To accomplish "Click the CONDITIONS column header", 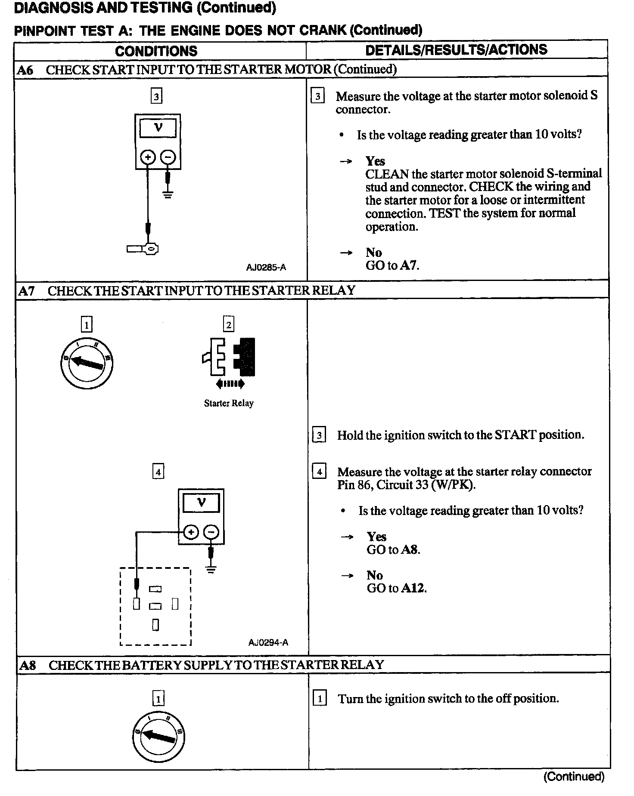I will click(x=156, y=51).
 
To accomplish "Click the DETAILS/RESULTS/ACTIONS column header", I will click(x=456, y=50).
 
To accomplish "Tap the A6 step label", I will click(x=25, y=70).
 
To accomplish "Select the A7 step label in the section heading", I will click(x=26, y=291).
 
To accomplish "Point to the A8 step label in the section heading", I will click(x=28, y=666).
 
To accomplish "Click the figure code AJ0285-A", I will click(x=266, y=268).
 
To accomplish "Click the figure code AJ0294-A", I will click(x=268, y=643).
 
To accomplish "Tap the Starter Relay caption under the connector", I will click(x=229, y=404).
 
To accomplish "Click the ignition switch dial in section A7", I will click(x=87, y=364).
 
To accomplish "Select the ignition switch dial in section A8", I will click(x=159, y=737).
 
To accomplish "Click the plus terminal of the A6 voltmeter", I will click(x=148, y=157).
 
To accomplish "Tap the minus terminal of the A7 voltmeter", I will click(x=211, y=532).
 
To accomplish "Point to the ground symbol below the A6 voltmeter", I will click(x=168, y=194).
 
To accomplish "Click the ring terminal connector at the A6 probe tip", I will click(x=151, y=249).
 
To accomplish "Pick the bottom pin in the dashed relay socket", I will click(x=155, y=625).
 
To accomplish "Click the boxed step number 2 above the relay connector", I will click(x=229, y=324).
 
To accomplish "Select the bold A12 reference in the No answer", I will click(x=413, y=589).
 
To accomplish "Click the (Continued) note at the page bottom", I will click(x=574, y=776).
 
